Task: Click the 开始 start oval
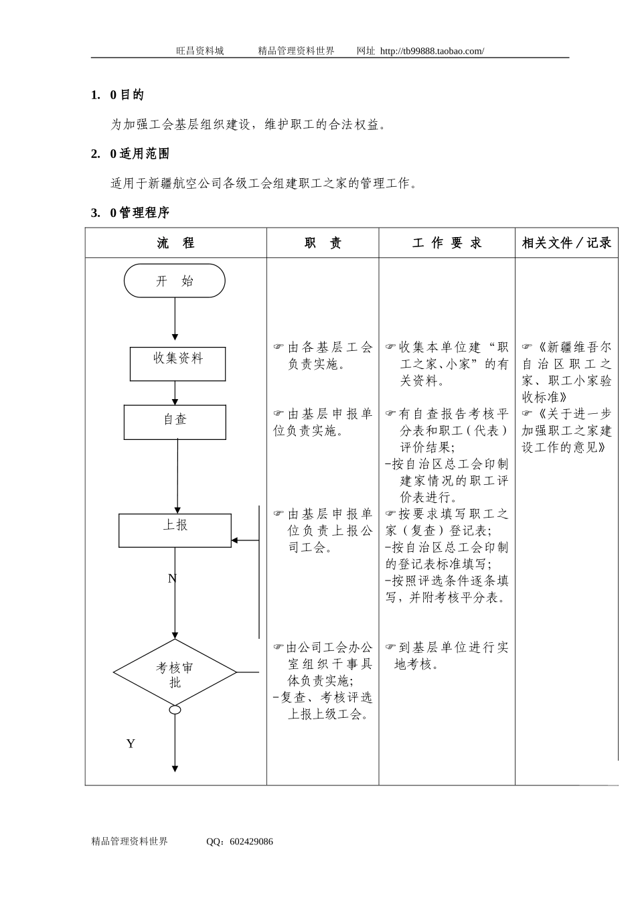click(175, 281)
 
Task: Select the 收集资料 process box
click(177, 364)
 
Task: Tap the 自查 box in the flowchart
click(175, 422)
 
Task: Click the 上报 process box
click(175, 530)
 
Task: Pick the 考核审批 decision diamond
click(175, 673)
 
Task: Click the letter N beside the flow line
click(172, 579)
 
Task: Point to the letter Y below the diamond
click(131, 743)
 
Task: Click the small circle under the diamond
click(175, 709)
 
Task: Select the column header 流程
click(175, 243)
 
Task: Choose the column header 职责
click(323, 243)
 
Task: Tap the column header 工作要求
click(447, 243)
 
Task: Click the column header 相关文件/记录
click(566, 243)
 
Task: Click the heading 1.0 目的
click(118, 95)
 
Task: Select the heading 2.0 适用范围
click(131, 154)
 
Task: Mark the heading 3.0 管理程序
click(131, 213)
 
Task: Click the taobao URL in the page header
click(432, 51)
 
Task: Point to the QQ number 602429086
click(251, 842)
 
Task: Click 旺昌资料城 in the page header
click(200, 51)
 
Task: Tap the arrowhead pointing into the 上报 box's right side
click(235, 540)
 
